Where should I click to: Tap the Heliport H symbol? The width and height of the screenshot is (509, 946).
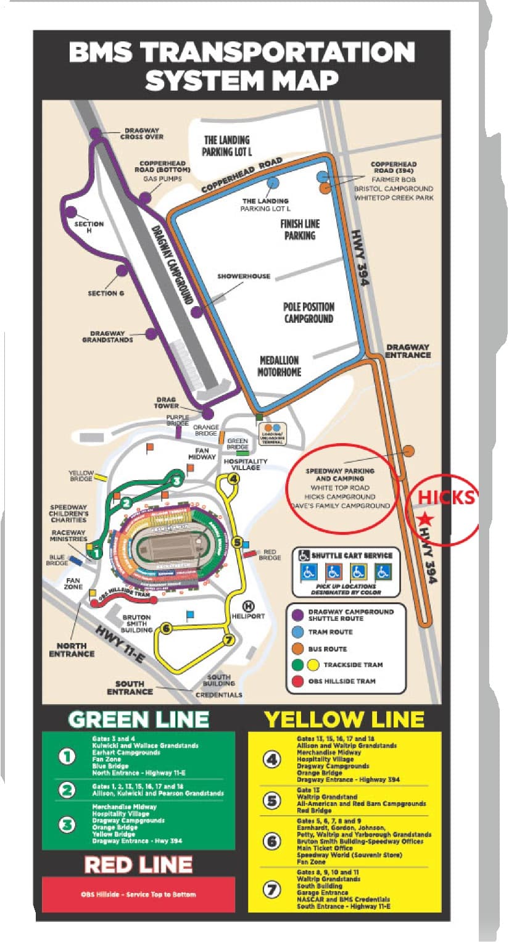click(249, 606)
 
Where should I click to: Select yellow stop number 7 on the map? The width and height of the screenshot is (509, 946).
click(228, 639)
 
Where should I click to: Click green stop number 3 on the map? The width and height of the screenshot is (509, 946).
click(177, 480)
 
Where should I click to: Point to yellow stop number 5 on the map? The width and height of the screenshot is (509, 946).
click(238, 542)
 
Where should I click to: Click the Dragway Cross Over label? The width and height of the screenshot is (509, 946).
click(144, 133)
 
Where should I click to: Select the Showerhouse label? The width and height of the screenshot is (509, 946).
click(244, 276)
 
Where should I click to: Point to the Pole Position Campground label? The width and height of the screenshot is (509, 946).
click(308, 313)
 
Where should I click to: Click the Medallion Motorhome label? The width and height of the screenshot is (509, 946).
click(279, 366)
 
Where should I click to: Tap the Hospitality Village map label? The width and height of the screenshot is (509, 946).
click(246, 465)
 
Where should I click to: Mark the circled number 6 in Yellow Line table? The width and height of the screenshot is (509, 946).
click(272, 840)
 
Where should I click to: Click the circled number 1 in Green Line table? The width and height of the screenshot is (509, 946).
click(67, 757)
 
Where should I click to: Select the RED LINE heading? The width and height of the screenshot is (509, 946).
click(138, 865)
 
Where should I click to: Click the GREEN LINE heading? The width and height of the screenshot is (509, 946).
click(138, 719)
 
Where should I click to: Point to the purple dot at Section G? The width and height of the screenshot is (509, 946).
click(122, 270)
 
